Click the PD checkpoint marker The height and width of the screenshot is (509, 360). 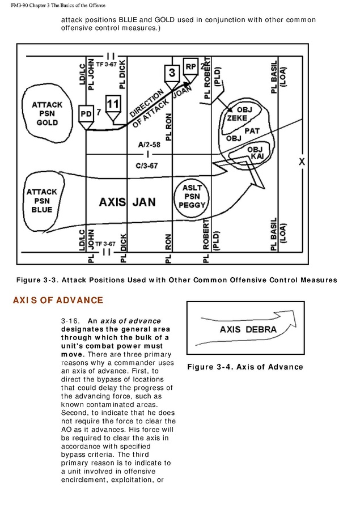pos(86,113)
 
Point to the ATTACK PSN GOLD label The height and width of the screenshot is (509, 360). pos(47,113)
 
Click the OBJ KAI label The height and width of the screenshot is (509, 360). pos(256,152)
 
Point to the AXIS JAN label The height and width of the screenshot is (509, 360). pos(127,202)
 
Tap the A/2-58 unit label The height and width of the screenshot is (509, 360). pos(147,145)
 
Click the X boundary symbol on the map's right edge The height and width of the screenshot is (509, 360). pos(302,162)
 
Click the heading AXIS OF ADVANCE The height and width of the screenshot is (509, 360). pos(58,300)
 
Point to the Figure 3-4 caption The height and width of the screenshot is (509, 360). pos(245,367)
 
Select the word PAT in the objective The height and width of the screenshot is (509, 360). pos(252,130)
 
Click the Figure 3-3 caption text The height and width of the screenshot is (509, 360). pos(176,280)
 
